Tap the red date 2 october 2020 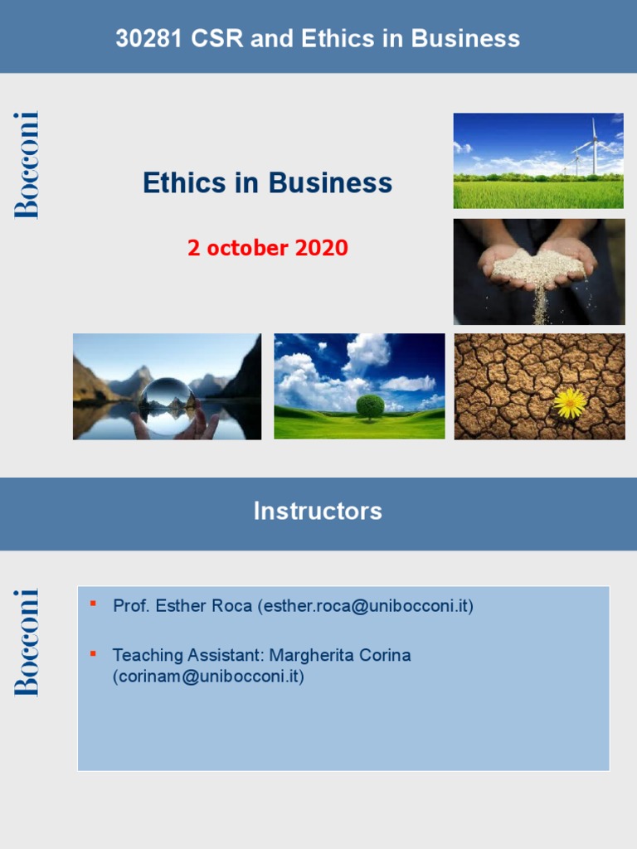268,248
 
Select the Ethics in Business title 267,182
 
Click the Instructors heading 318,511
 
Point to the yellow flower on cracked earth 571,402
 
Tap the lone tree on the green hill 370,406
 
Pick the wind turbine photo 538,160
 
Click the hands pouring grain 538,270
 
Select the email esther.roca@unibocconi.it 365,606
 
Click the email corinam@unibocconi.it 208,677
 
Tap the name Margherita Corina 340,656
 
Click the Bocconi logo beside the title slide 27,165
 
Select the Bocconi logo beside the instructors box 27,643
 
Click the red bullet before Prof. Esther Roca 93,603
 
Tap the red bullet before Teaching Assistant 93,653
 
